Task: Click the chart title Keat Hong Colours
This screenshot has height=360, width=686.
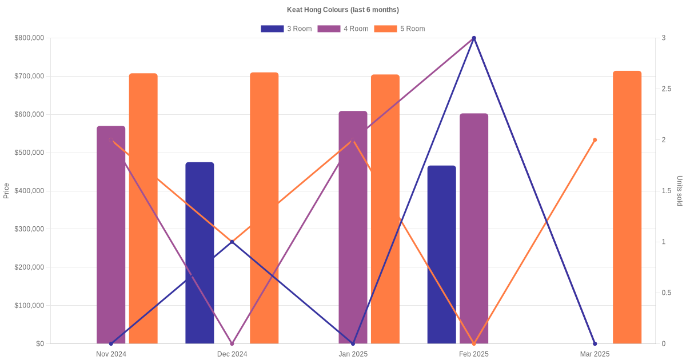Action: (x=342, y=10)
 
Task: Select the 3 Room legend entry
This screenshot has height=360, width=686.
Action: (x=286, y=29)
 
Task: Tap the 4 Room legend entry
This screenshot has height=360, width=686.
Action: (x=342, y=29)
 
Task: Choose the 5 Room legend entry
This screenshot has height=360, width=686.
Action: (x=399, y=29)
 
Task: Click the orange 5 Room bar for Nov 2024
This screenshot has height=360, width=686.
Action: (x=143, y=209)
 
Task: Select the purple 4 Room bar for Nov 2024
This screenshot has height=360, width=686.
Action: (x=111, y=234)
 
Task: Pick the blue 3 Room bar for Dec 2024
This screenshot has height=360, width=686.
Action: (x=200, y=253)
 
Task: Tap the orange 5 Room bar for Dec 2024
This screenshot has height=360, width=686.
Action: (x=264, y=208)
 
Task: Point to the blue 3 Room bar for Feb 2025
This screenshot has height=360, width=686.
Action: (x=441, y=254)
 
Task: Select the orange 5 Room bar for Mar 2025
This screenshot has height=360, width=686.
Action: (x=627, y=207)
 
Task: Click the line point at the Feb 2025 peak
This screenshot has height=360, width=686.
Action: (x=474, y=38)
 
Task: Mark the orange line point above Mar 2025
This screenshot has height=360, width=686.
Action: (x=595, y=140)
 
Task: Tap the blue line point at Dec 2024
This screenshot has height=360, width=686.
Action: (x=232, y=242)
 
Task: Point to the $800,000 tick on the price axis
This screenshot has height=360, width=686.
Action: (x=29, y=38)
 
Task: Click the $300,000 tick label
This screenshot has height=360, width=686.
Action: (x=29, y=229)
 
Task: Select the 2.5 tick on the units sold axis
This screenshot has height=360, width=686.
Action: (x=667, y=89)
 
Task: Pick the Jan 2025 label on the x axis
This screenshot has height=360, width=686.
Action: (x=353, y=354)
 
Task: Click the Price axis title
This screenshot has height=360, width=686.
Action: (x=6, y=191)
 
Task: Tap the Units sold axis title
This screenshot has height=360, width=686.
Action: (x=680, y=191)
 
